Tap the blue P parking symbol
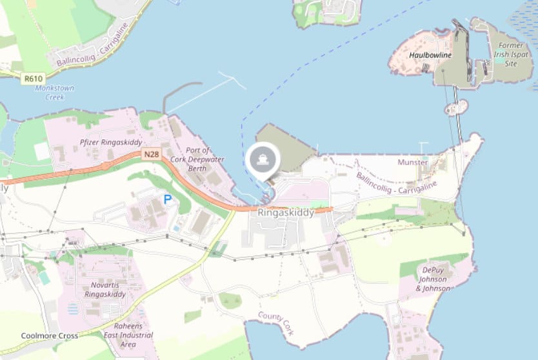(x=168, y=200)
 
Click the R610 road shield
(x=32, y=79)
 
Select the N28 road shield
(x=150, y=154)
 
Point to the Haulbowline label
(x=430, y=55)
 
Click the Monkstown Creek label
(x=55, y=92)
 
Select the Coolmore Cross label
(x=50, y=336)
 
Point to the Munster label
(x=413, y=162)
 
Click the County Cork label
(x=276, y=323)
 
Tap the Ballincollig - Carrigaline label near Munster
(x=396, y=183)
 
